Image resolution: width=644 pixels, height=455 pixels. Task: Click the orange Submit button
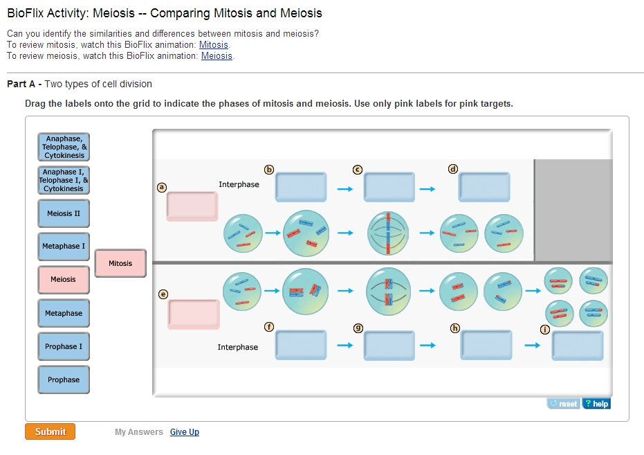click(x=50, y=431)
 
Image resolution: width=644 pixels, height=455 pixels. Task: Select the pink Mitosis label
click(x=120, y=263)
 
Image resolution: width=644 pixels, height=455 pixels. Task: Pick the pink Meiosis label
click(x=64, y=280)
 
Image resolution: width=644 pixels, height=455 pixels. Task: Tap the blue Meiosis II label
click(x=64, y=213)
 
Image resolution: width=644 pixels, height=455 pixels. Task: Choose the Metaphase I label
click(x=64, y=247)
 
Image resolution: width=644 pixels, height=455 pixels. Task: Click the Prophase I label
click(x=64, y=346)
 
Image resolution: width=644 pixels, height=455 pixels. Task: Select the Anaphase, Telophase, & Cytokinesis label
click(x=64, y=147)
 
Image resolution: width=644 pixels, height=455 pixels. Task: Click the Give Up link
click(x=185, y=432)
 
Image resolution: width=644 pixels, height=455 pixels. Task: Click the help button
click(x=596, y=404)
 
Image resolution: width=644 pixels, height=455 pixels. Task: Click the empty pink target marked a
click(x=192, y=206)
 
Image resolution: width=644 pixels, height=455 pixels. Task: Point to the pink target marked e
click(x=193, y=314)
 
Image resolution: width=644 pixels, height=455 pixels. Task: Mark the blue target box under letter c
click(x=389, y=187)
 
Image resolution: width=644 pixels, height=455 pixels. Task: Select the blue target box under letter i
click(x=577, y=345)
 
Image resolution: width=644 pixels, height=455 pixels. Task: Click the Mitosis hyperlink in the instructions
click(x=214, y=45)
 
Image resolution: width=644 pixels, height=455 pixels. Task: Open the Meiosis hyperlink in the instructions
click(x=217, y=56)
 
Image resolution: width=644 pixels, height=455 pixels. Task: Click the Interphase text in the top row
click(x=239, y=184)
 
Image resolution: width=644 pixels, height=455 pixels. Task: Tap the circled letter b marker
click(x=270, y=169)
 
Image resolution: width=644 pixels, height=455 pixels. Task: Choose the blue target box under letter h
click(x=486, y=345)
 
